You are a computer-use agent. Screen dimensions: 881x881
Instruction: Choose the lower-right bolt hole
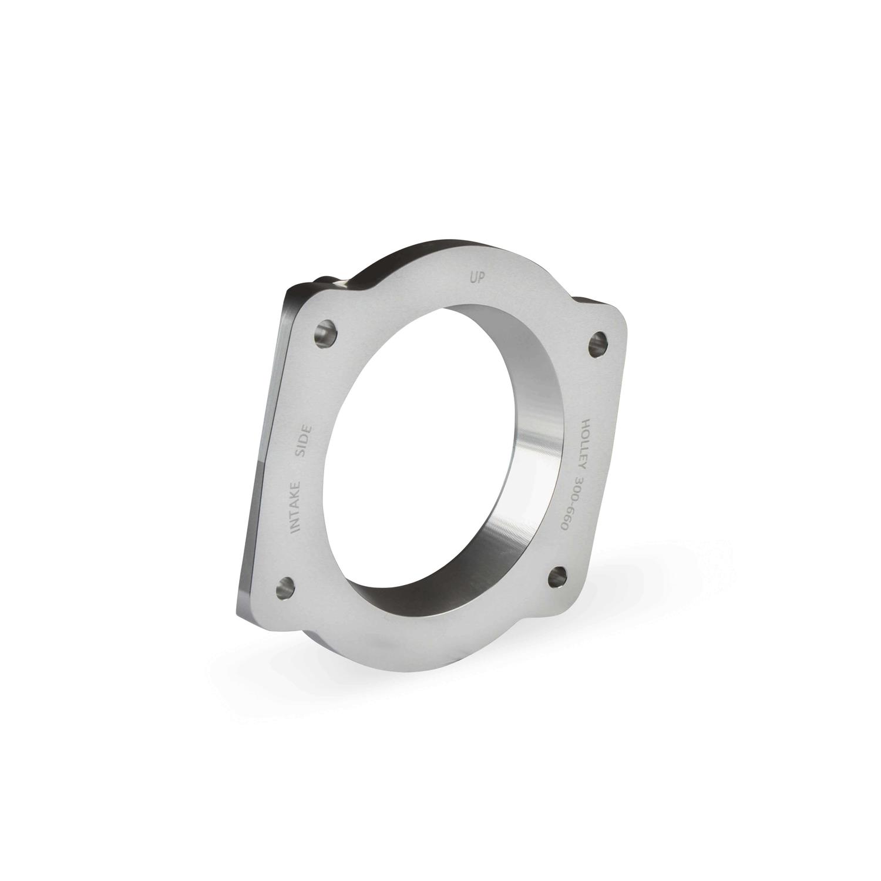tap(556, 577)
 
